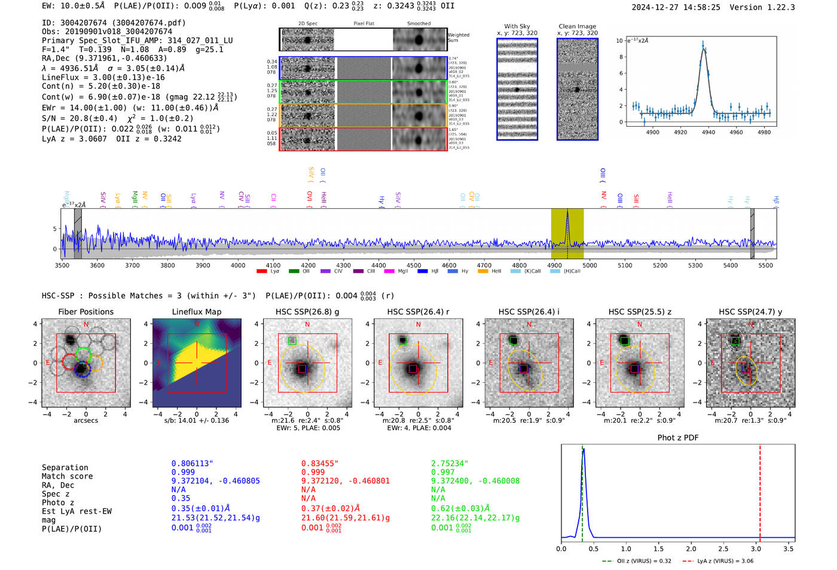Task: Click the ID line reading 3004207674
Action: tap(114, 23)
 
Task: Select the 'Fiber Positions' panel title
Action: tap(85, 312)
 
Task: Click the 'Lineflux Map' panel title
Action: tap(196, 312)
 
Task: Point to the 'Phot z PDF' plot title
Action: tap(677, 438)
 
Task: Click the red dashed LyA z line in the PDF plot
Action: tap(760, 490)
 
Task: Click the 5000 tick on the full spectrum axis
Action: tap(589, 265)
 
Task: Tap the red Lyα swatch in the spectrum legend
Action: tap(261, 272)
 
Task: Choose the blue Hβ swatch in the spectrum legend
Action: tap(423, 272)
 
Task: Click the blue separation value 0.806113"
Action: tap(193, 464)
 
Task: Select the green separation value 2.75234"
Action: tap(450, 464)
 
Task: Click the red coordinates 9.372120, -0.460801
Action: tap(346, 481)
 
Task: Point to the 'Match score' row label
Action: tap(67, 476)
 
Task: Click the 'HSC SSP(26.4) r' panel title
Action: tap(418, 312)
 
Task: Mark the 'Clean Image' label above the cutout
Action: tap(577, 26)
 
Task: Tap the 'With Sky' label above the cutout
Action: tap(517, 26)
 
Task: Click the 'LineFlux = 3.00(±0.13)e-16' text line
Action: tap(103, 77)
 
